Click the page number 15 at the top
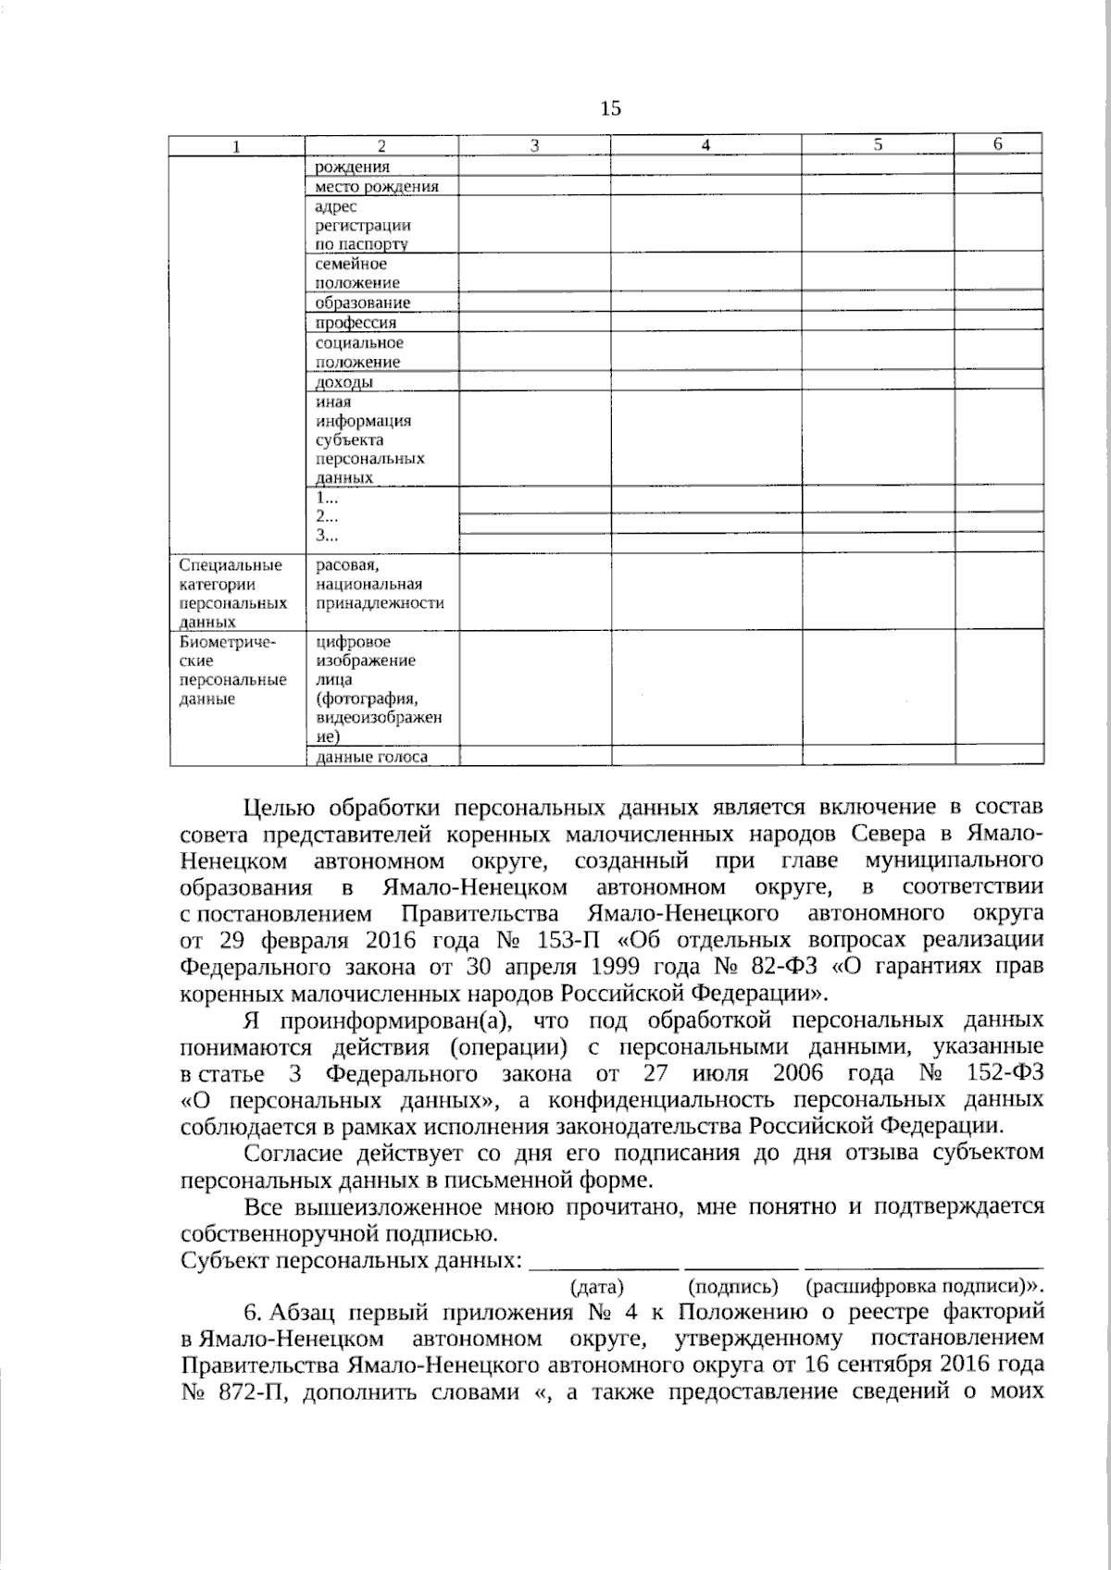click(611, 108)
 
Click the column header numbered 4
click(705, 144)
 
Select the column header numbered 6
click(997, 143)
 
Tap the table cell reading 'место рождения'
click(376, 187)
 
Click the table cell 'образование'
click(362, 303)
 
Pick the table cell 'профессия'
click(356, 323)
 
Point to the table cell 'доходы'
click(344, 382)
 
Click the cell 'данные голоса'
click(371, 758)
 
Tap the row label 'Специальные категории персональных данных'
click(231, 593)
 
